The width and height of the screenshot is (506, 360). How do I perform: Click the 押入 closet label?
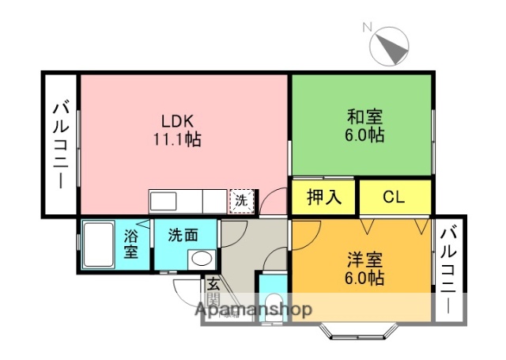click(x=324, y=197)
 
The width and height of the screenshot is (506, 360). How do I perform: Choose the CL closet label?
click(x=394, y=197)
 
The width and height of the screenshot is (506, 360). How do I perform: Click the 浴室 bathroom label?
click(x=132, y=244)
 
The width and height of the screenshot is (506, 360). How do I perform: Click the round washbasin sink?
click(x=202, y=258)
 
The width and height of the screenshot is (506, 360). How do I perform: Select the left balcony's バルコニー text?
click(x=60, y=145)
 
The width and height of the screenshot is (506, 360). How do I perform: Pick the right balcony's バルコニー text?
click(x=448, y=270)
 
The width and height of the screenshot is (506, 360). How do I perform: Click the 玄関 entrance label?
click(x=213, y=290)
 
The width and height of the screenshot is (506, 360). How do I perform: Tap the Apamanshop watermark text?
click(x=254, y=309)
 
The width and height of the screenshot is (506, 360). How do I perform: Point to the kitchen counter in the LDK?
click(x=187, y=201)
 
